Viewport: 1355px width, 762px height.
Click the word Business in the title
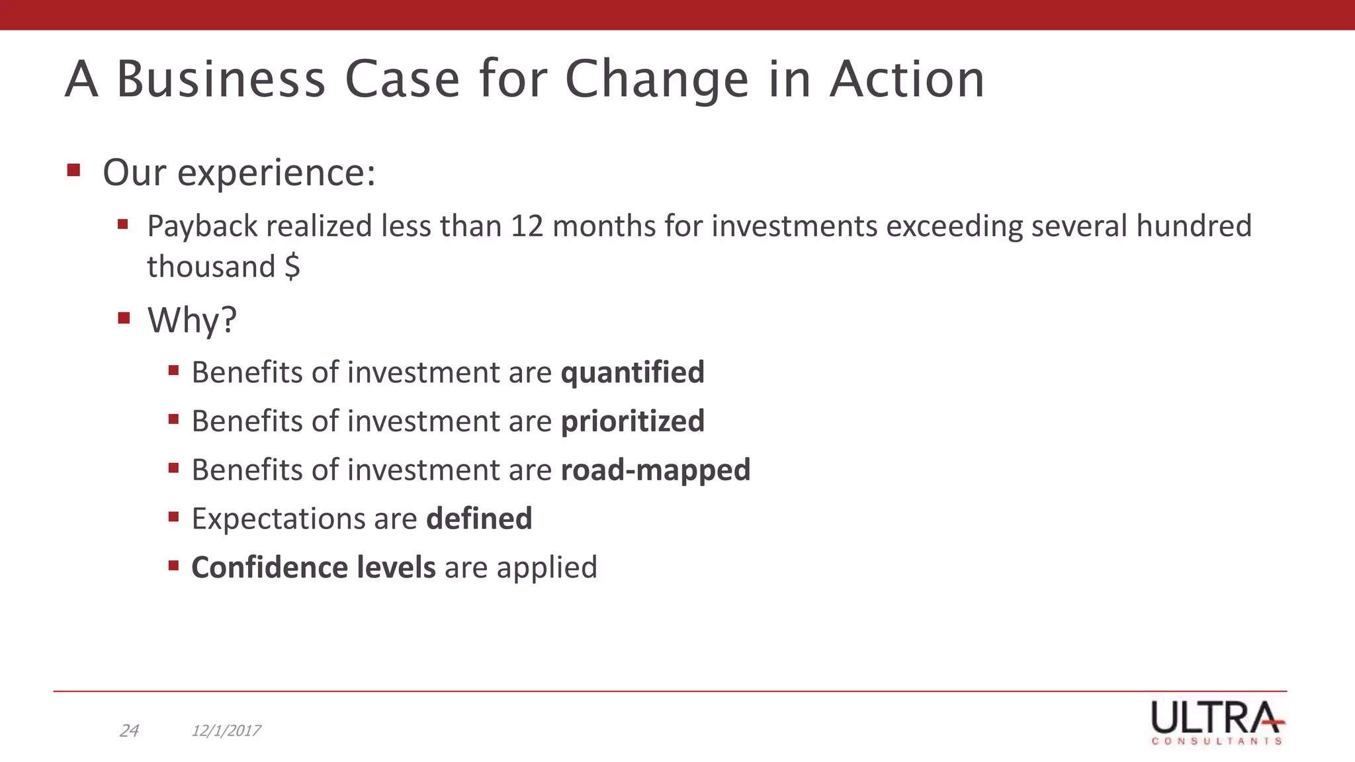(x=221, y=79)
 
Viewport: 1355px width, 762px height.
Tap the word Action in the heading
(x=907, y=79)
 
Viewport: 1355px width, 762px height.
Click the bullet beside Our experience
(x=73, y=171)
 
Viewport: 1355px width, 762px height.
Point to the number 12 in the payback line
(x=527, y=226)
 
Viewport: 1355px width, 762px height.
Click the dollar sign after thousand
(x=292, y=267)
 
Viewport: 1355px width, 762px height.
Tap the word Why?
(x=192, y=321)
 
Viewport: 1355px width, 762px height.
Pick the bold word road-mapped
(x=655, y=470)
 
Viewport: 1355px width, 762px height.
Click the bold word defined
(x=479, y=519)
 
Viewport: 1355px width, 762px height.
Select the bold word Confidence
(x=269, y=568)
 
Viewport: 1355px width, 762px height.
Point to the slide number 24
(x=129, y=731)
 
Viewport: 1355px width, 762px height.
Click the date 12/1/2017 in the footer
(x=226, y=731)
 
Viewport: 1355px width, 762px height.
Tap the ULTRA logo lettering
(x=1216, y=717)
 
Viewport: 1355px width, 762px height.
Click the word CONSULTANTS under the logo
(x=1217, y=741)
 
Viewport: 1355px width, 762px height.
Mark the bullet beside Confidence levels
(x=174, y=566)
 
